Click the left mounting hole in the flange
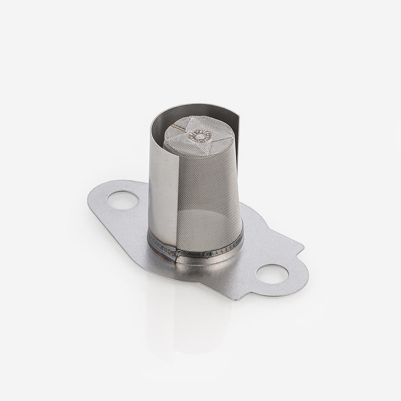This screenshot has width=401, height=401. (x=123, y=200)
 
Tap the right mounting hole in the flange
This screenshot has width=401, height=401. (x=272, y=273)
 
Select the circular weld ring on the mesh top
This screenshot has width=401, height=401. (x=200, y=136)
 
